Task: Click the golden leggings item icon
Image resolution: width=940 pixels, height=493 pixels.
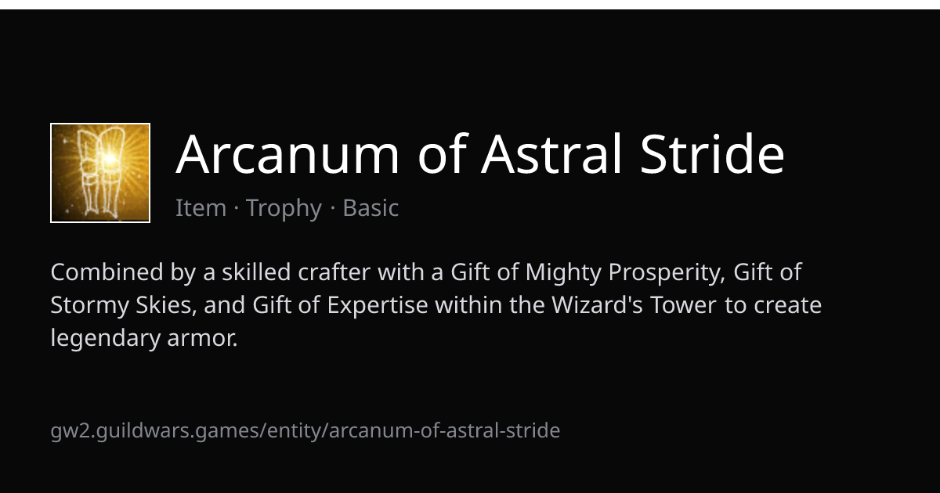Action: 100,173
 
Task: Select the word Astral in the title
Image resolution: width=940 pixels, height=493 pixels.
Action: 551,153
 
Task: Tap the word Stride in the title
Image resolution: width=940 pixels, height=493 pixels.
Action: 712,153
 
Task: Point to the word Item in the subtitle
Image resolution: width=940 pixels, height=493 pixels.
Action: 201,207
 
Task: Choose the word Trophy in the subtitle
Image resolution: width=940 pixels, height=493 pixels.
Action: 284,208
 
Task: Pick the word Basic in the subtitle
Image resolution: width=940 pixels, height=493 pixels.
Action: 371,207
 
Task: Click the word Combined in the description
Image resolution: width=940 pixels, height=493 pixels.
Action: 107,272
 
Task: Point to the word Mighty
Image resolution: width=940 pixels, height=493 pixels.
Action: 563,273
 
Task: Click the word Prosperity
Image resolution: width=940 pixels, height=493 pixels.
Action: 667,273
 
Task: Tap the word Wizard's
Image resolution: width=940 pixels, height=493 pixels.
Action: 597,304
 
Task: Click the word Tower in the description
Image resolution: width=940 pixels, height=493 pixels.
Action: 683,304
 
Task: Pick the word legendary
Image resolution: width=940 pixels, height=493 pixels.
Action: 105,339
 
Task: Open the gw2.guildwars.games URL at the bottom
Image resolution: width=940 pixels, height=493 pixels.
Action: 305,430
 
